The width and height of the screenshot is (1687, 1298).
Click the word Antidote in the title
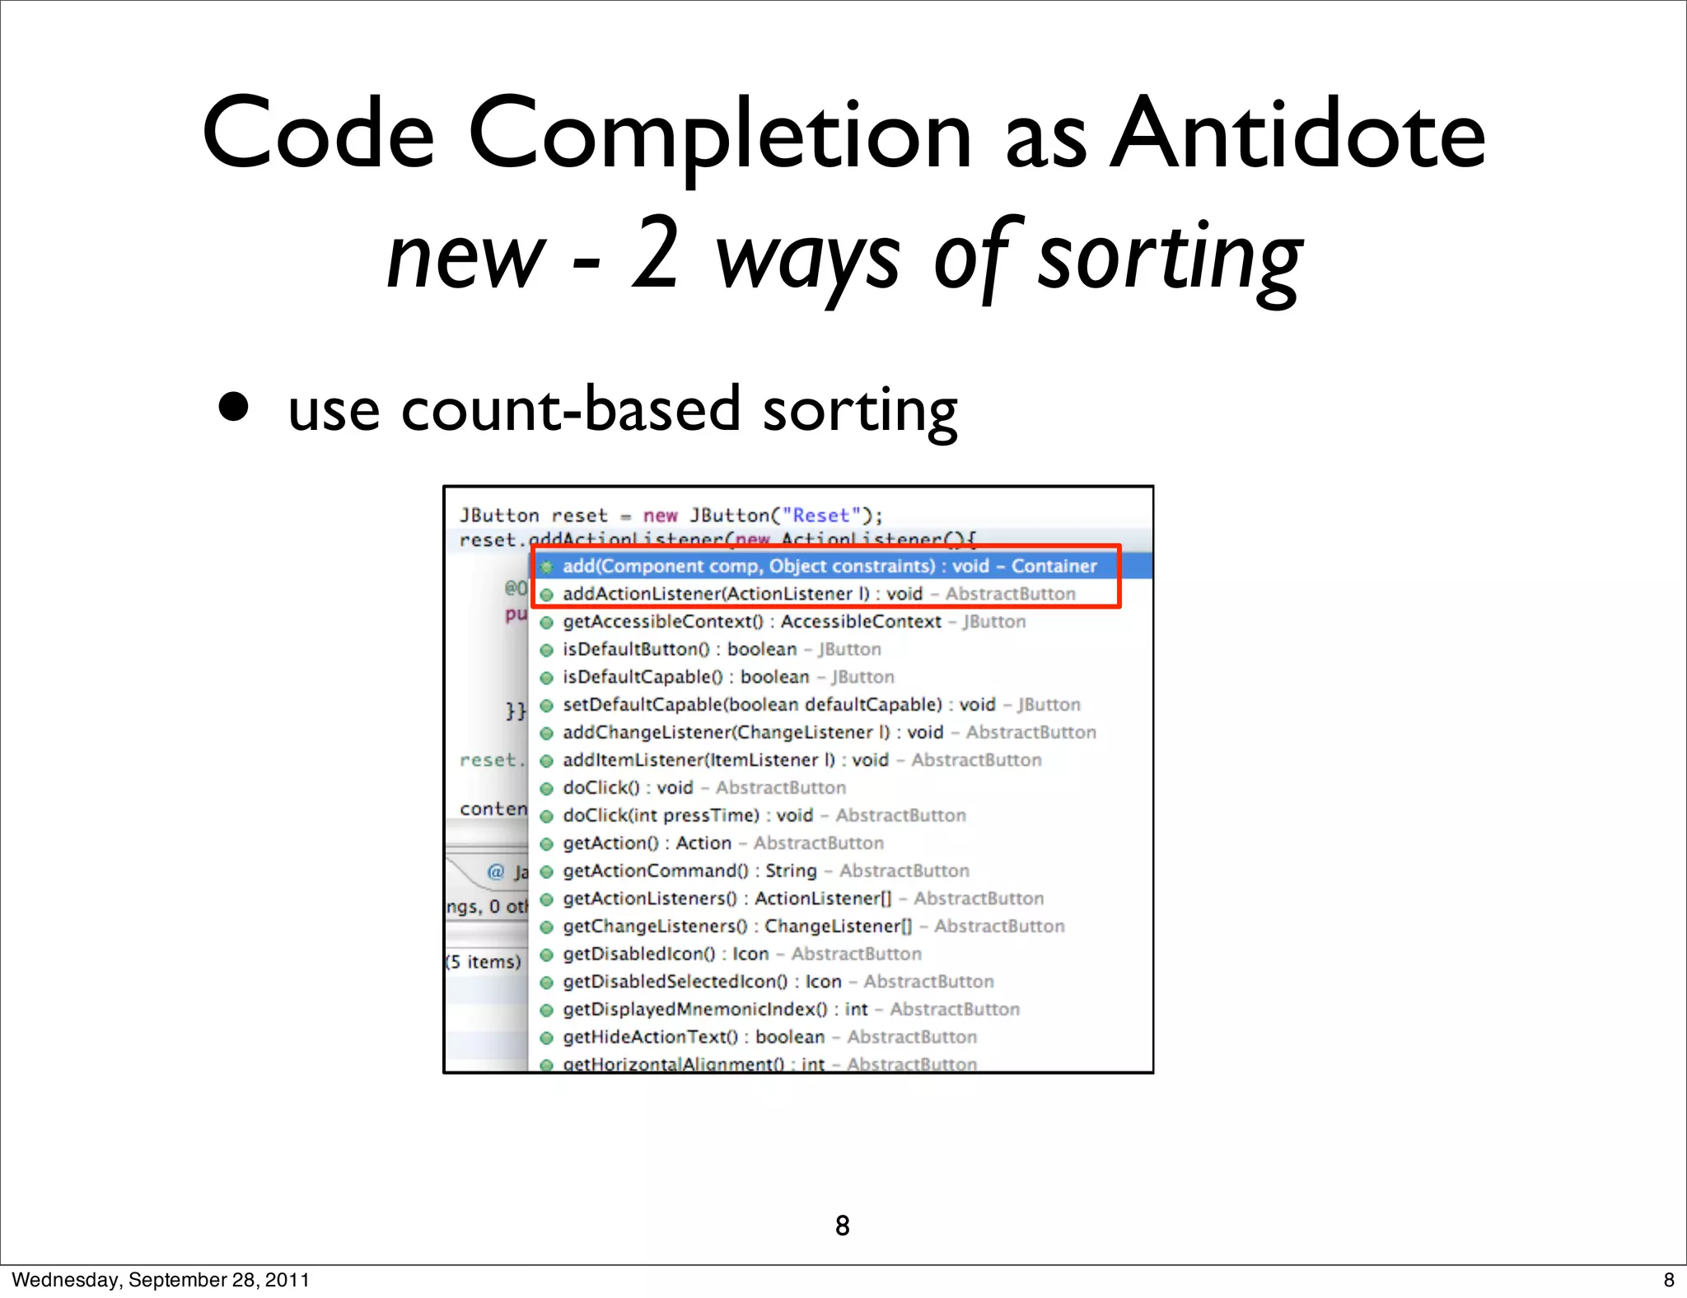pyautogui.click(x=1297, y=133)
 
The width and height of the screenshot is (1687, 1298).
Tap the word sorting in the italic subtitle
pyautogui.click(x=1169, y=257)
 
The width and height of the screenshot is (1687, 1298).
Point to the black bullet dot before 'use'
pyautogui.click(x=234, y=406)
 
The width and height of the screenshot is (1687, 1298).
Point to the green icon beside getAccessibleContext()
pyautogui.click(x=546, y=623)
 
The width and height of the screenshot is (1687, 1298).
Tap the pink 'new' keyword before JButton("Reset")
pyautogui.click(x=660, y=516)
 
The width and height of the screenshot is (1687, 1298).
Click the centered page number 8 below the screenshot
pyautogui.click(x=842, y=1226)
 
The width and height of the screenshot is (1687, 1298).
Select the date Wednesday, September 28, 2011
pyautogui.click(x=161, y=1280)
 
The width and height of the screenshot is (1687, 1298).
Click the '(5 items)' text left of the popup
pyautogui.click(x=484, y=962)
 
